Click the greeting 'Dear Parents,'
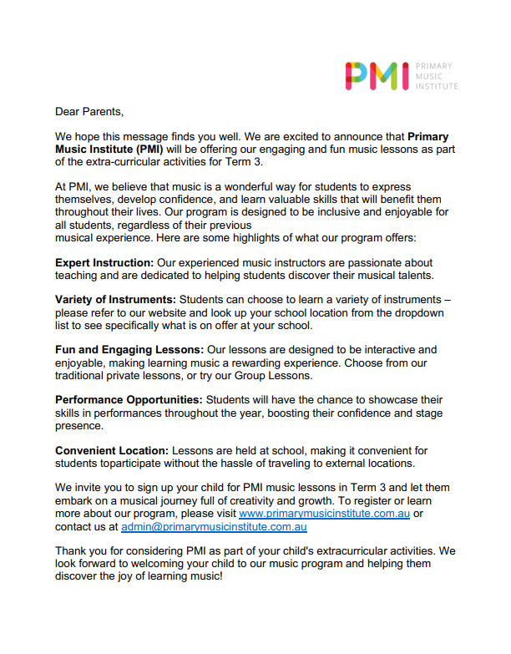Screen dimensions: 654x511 [x=89, y=110]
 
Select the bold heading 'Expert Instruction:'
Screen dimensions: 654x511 [x=104, y=263]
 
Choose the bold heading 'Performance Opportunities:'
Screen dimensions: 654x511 [x=129, y=400]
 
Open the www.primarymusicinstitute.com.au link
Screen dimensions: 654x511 [x=324, y=513]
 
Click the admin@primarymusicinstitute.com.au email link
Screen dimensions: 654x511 [x=215, y=526]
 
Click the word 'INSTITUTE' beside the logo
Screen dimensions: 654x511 [x=437, y=87]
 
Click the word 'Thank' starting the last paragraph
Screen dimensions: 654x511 [x=72, y=550]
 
